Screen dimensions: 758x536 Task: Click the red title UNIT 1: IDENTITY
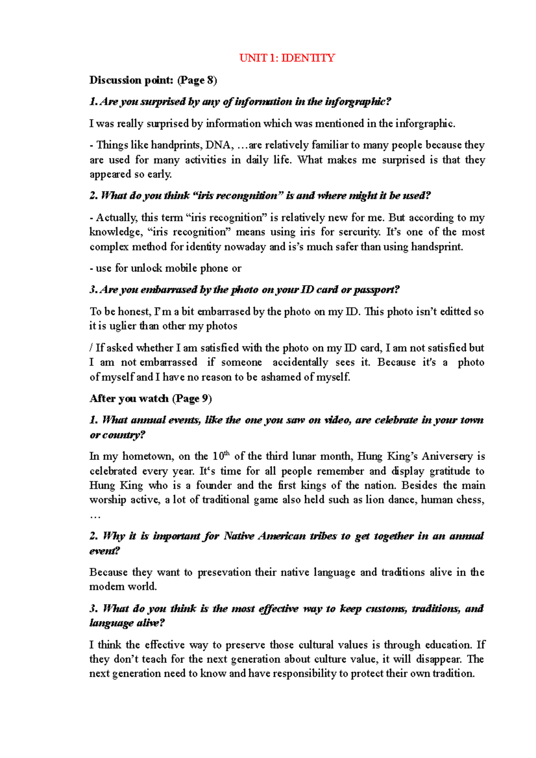(x=287, y=58)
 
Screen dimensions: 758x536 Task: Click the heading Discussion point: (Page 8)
(x=153, y=80)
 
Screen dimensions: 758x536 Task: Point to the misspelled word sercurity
(x=359, y=232)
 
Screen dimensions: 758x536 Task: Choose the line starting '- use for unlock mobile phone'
(x=165, y=268)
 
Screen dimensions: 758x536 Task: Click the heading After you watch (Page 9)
(x=151, y=399)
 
